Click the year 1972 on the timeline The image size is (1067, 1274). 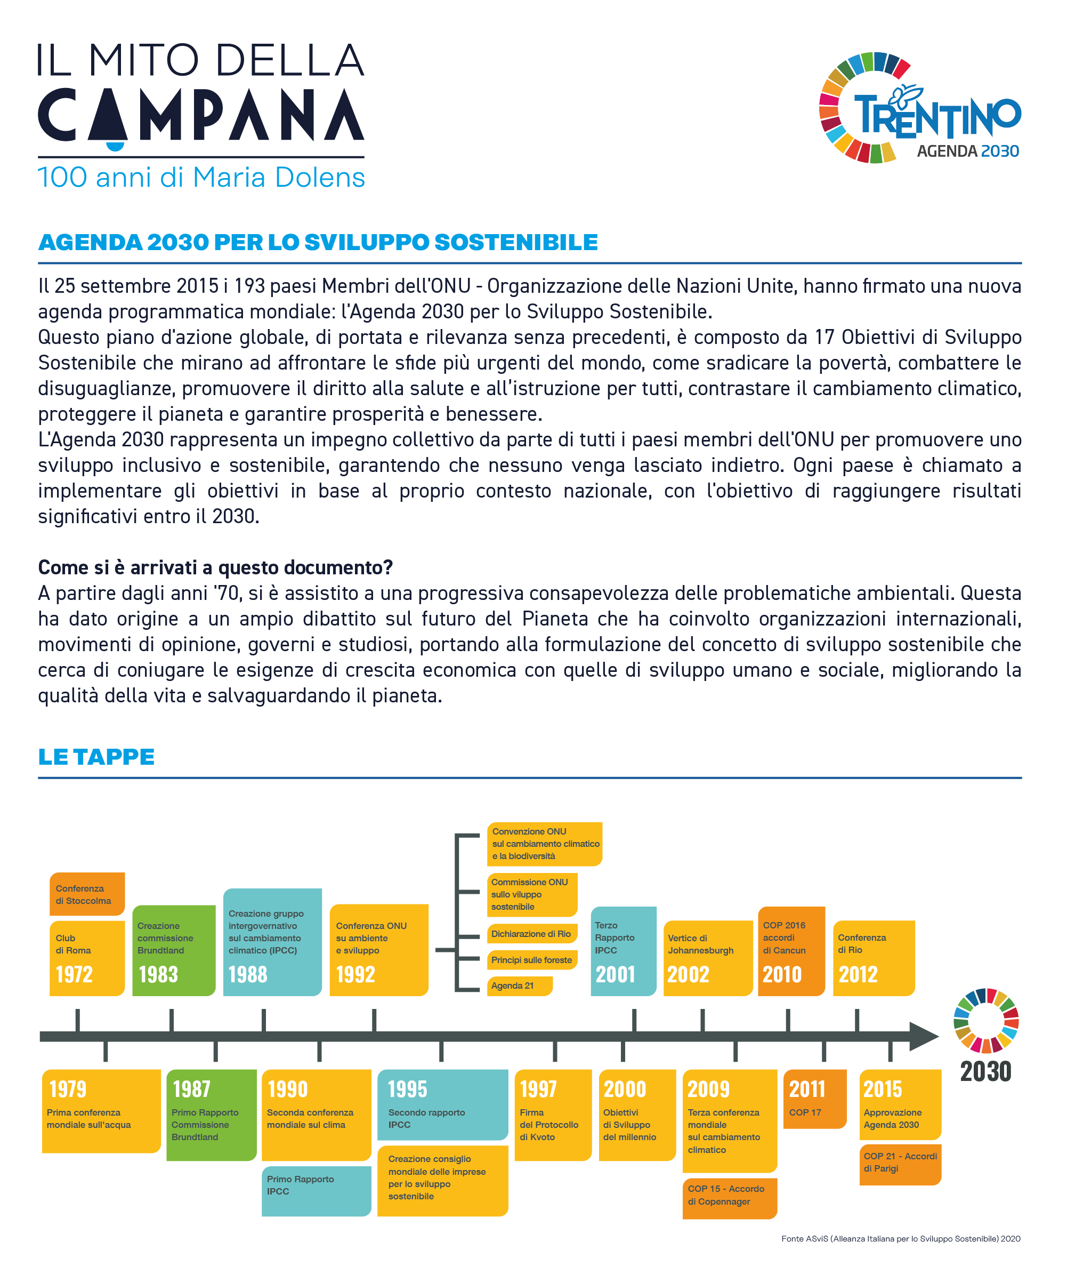(75, 975)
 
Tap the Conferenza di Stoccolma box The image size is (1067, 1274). (87, 894)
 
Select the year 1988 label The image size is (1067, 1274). (248, 975)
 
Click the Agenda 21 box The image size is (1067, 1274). (519, 986)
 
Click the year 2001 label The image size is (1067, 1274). (616, 975)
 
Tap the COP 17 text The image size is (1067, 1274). (805, 1112)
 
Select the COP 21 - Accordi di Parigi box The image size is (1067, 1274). (900, 1163)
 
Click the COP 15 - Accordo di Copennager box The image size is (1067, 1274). (729, 1196)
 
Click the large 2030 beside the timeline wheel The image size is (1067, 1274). (986, 1072)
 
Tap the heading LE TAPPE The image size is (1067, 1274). (96, 757)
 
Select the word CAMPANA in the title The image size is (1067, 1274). (201, 115)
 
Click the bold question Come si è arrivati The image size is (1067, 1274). (215, 567)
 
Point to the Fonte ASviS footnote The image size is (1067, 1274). (900, 1239)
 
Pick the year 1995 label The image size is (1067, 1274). (407, 1089)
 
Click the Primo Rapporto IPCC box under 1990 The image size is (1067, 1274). (316, 1185)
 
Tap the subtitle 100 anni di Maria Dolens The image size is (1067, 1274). (201, 178)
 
